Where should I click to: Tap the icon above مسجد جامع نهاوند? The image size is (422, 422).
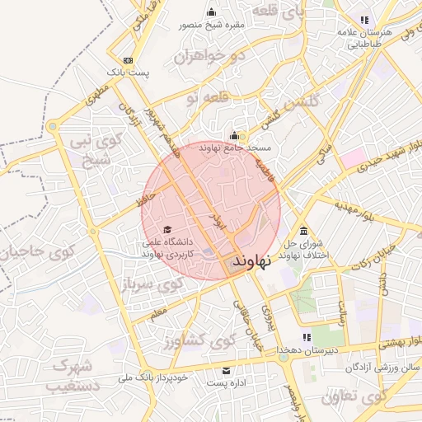(x=234, y=136)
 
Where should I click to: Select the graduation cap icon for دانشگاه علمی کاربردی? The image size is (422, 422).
(x=168, y=230)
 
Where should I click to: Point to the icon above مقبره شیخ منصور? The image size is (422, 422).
(x=213, y=12)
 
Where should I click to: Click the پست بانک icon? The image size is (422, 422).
(x=128, y=60)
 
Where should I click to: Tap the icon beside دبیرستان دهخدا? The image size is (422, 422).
(x=307, y=337)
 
